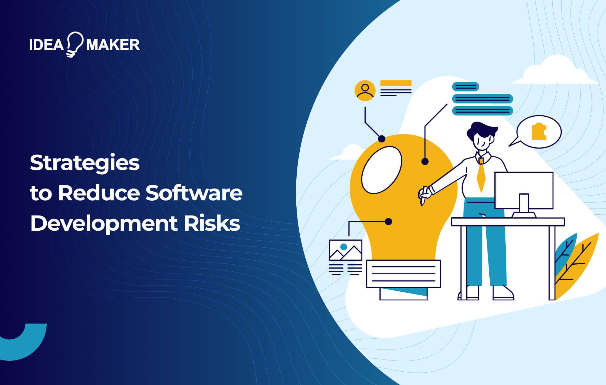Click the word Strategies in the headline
[85, 163]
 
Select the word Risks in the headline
[212, 223]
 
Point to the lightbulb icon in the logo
[74, 44]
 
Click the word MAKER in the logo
[113, 45]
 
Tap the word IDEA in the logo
[46, 45]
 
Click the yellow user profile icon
[365, 90]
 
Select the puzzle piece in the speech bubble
[539, 131]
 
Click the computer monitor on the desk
[524, 190]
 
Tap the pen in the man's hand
[424, 196]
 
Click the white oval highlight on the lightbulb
[381, 170]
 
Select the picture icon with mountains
[345, 250]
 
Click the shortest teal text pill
[465, 87]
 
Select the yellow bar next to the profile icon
[396, 83]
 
